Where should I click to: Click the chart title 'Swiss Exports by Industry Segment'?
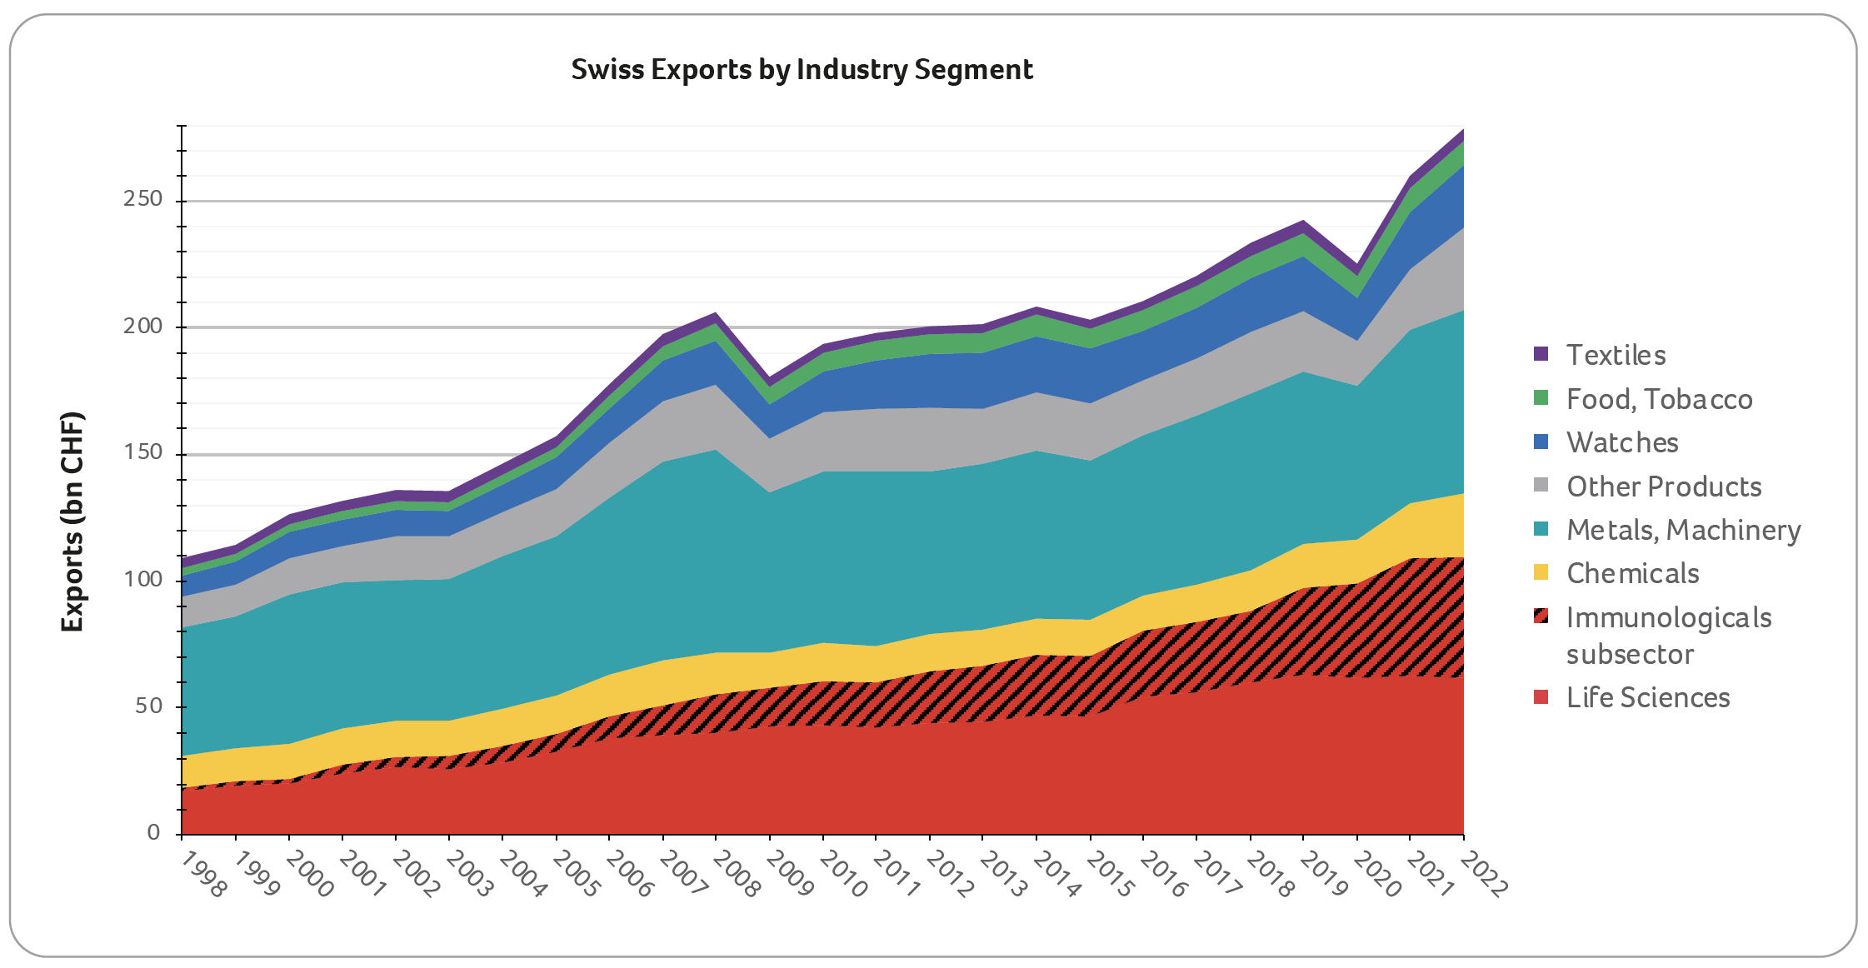(802, 69)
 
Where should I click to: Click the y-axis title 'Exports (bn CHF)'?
(73, 521)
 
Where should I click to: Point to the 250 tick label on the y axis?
(142, 199)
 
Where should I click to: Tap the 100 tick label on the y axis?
(142, 579)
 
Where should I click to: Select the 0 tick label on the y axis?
(153, 832)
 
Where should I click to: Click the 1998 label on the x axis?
(203, 875)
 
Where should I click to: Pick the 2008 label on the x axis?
(737, 875)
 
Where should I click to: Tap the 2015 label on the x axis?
(1111, 875)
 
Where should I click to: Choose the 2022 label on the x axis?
(1484, 875)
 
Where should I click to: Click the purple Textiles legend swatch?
(1541, 354)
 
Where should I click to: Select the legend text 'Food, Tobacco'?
(1659, 399)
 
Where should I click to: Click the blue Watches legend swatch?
(1541, 442)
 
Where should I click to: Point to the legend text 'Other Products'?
(1664, 486)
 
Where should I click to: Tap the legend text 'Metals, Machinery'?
(1683, 530)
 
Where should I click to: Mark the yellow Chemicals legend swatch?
(1541, 573)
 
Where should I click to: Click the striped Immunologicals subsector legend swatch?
(1541, 616)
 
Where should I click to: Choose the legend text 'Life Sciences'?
(1648, 697)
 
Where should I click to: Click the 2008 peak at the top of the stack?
(716, 314)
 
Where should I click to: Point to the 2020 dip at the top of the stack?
(1357, 267)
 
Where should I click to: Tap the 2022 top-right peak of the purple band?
(1462, 131)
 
